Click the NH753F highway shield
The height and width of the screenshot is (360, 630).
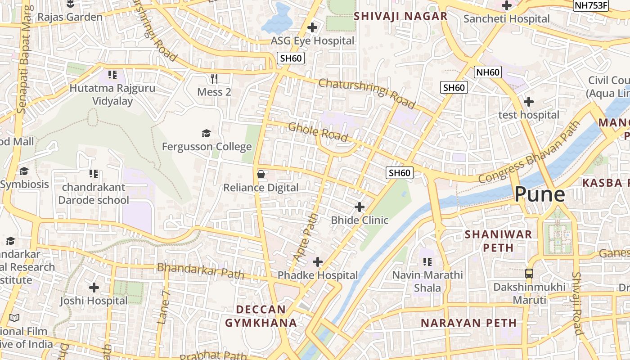click(591, 6)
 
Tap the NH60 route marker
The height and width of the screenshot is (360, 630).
click(488, 72)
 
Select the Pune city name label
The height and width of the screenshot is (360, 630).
click(539, 194)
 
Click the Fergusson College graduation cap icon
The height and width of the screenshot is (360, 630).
click(206, 133)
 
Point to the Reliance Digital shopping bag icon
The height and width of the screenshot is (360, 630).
click(261, 174)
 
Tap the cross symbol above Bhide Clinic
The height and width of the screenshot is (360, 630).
click(360, 207)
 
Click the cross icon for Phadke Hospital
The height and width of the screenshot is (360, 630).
click(318, 261)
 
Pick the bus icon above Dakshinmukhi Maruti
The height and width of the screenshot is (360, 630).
click(529, 273)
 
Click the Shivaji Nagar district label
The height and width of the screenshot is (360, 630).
click(400, 17)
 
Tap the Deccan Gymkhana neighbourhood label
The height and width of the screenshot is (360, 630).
click(261, 316)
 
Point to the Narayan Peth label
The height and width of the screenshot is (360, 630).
click(468, 323)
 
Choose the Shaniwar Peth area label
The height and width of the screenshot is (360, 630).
click(498, 241)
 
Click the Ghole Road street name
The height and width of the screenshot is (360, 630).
click(318, 131)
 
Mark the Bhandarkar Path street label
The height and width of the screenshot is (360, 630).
click(200, 271)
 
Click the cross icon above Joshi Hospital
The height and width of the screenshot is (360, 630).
click(94, 287)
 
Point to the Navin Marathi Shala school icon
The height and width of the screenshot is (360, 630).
click(427, 261)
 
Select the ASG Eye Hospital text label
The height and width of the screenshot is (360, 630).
click(312, 41)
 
